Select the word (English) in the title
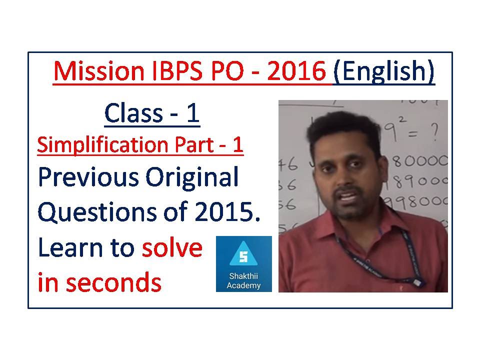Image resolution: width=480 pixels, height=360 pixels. [x=384, y=72]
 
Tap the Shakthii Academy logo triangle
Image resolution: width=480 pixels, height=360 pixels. [x=243, y=255]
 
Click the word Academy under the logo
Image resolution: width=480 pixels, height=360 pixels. [x=243, y=285]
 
